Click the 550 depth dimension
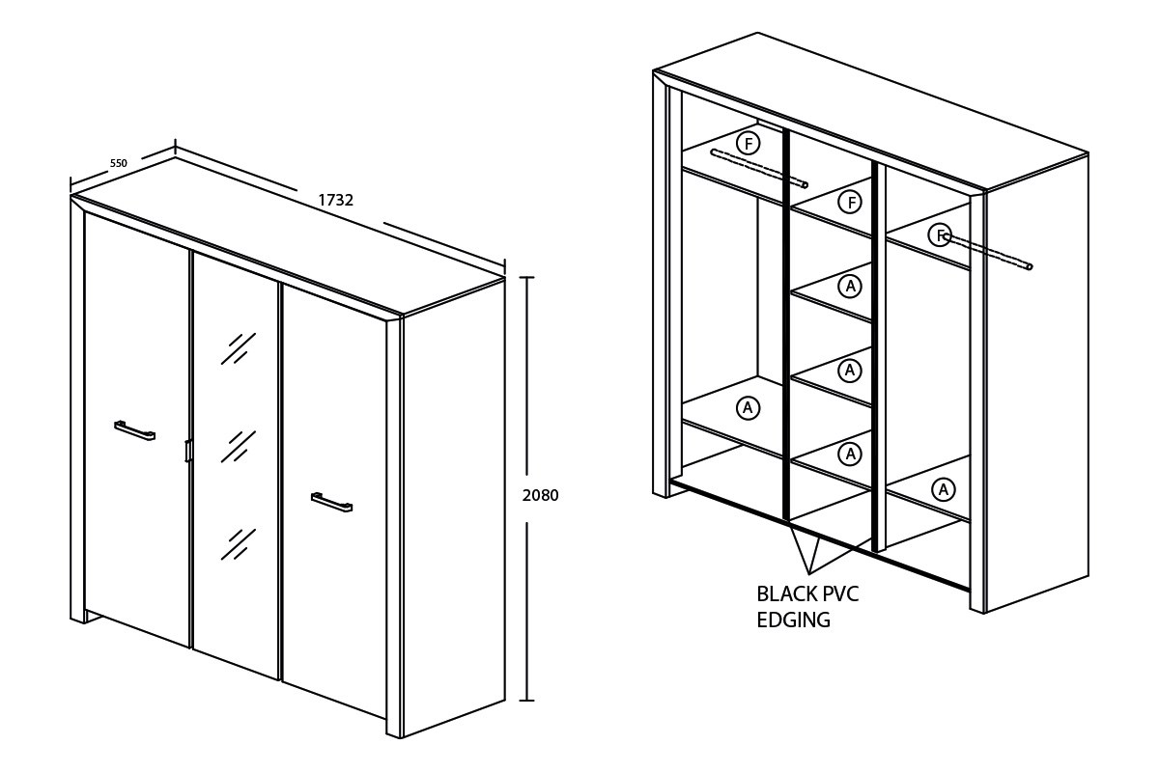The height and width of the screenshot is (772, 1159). [119, 163]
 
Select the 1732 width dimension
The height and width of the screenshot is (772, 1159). [336, 200]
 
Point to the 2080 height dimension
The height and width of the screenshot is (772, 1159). [540, 495]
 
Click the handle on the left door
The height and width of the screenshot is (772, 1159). [134, 430]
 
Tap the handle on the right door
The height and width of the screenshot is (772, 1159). [331, 502]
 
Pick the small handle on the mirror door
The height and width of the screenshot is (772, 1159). [188, 451]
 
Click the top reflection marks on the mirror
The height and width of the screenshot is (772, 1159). [239, 349]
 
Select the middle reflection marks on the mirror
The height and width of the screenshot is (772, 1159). [239, 446]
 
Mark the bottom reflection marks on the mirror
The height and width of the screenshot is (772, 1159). [239, 544]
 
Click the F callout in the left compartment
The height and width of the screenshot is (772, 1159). [749, 144]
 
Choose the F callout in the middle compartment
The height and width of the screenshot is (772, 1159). [851, 202]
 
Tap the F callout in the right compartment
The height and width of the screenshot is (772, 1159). [940, 235]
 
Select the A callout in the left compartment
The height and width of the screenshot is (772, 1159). [748, 408]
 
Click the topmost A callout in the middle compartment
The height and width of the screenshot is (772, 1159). [850, 286]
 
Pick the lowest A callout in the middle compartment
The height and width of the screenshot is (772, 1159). [850, 454]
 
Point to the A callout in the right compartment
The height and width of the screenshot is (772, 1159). [944, 489]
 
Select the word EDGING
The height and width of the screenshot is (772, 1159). [794, 620]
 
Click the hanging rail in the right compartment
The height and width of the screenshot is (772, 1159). [988, 252]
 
